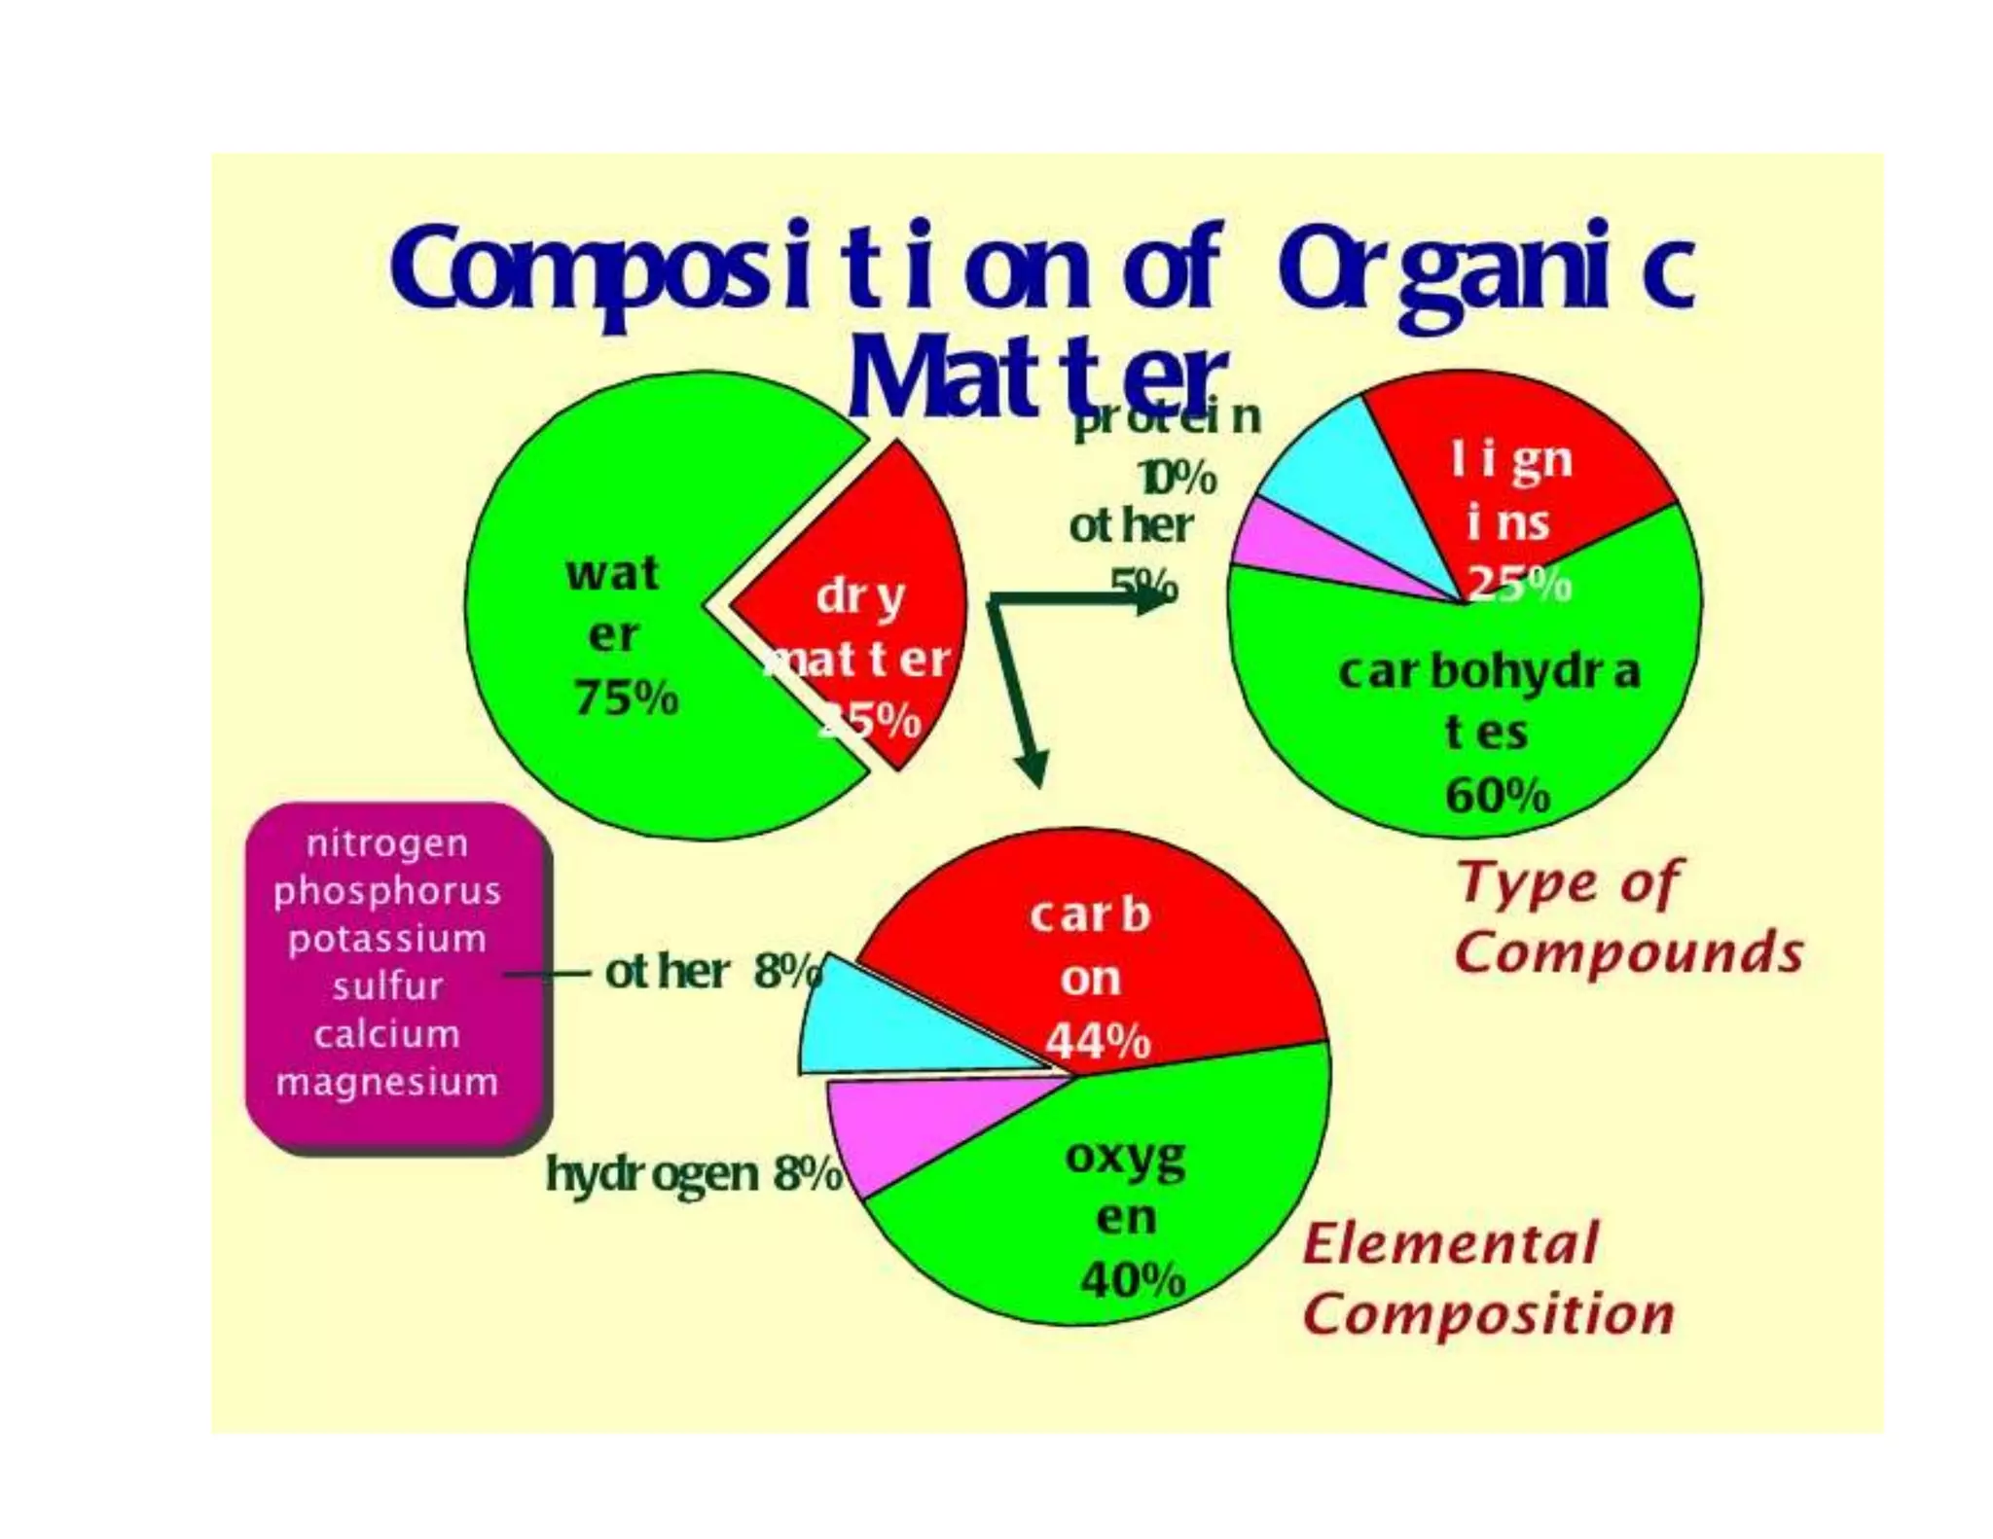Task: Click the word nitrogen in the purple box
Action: click(387, 843)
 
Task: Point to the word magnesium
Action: click(387, 1082)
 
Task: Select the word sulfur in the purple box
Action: click(387, 986)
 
